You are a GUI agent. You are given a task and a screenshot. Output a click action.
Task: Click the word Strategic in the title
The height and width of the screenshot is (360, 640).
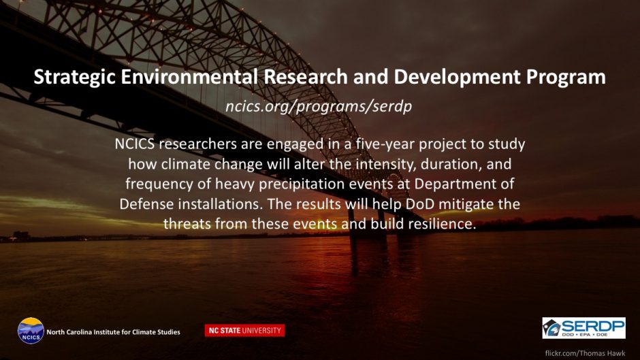75,78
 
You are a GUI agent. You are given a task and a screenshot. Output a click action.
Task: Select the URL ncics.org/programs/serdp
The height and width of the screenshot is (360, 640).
319,107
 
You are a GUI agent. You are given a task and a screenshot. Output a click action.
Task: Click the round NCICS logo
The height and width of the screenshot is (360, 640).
31,331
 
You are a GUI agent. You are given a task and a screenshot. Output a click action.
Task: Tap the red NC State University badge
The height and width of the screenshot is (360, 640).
245,331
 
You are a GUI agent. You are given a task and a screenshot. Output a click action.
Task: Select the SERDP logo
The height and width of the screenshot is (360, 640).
583,328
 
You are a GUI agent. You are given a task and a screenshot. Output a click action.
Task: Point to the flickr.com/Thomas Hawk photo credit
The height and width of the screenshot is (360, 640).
585,353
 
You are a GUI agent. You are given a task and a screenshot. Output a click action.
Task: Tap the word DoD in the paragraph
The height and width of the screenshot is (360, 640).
419,203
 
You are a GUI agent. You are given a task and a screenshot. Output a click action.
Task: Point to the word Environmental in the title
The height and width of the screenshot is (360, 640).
189,77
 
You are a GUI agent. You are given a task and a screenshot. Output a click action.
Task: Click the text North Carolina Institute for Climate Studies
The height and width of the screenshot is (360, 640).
113,332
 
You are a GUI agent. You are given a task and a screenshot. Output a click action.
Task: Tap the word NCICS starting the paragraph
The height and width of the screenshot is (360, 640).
135,144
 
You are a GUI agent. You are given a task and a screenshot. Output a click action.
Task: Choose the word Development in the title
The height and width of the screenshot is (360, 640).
457,78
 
